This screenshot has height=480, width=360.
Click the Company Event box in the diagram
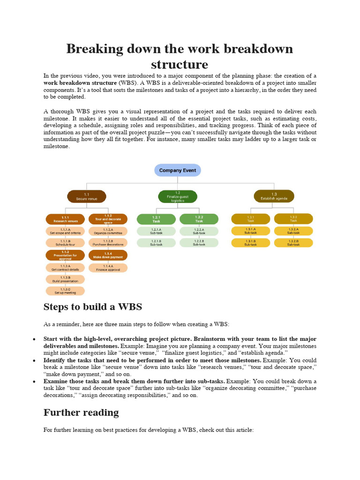point(178,170)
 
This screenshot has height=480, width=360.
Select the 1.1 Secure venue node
point(87,196)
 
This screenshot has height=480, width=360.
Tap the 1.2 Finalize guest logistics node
point(178,196)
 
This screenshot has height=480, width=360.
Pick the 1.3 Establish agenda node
point(274,196)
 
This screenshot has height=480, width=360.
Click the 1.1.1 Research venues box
point(65,219)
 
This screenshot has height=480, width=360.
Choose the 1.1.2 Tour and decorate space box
point(108,219)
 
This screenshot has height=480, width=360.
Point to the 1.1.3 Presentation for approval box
point(65,255)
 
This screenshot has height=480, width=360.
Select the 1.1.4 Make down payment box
point(108,255)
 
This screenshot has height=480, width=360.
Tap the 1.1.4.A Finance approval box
point(108,268)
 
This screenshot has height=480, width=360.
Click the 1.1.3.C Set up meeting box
point(65,291)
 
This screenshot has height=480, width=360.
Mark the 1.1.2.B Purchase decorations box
point(108,242)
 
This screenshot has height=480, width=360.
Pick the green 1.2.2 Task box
point(199,219)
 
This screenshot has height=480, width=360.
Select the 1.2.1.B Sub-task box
point(156,242)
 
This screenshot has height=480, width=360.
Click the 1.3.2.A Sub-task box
point(293,231)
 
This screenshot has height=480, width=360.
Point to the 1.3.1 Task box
point(251,219)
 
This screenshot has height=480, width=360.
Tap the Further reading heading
point(81,412)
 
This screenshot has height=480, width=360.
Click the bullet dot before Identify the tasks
point(34,360)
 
